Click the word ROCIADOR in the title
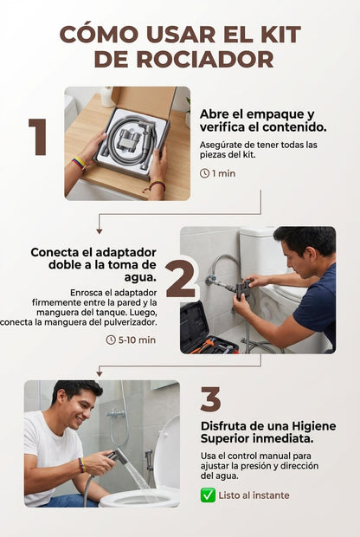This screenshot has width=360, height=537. coord(205,60)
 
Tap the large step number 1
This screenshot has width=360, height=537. coord(38,137)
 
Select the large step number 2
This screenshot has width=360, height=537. coord(181,278)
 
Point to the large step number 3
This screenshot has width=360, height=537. coord(210,399)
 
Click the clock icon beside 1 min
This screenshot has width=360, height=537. coord(204,173)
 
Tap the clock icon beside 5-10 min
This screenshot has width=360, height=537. coord(111,340)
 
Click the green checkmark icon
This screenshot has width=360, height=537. coord(208,495)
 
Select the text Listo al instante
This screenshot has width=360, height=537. coord(254,495)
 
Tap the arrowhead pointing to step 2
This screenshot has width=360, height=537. coord(100,231)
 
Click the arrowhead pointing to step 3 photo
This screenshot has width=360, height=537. coord(100,374)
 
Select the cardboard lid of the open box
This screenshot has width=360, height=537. coord(144,101)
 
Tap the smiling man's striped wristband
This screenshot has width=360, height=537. coord(81,465)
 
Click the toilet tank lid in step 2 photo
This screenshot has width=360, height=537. coord(257,232)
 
